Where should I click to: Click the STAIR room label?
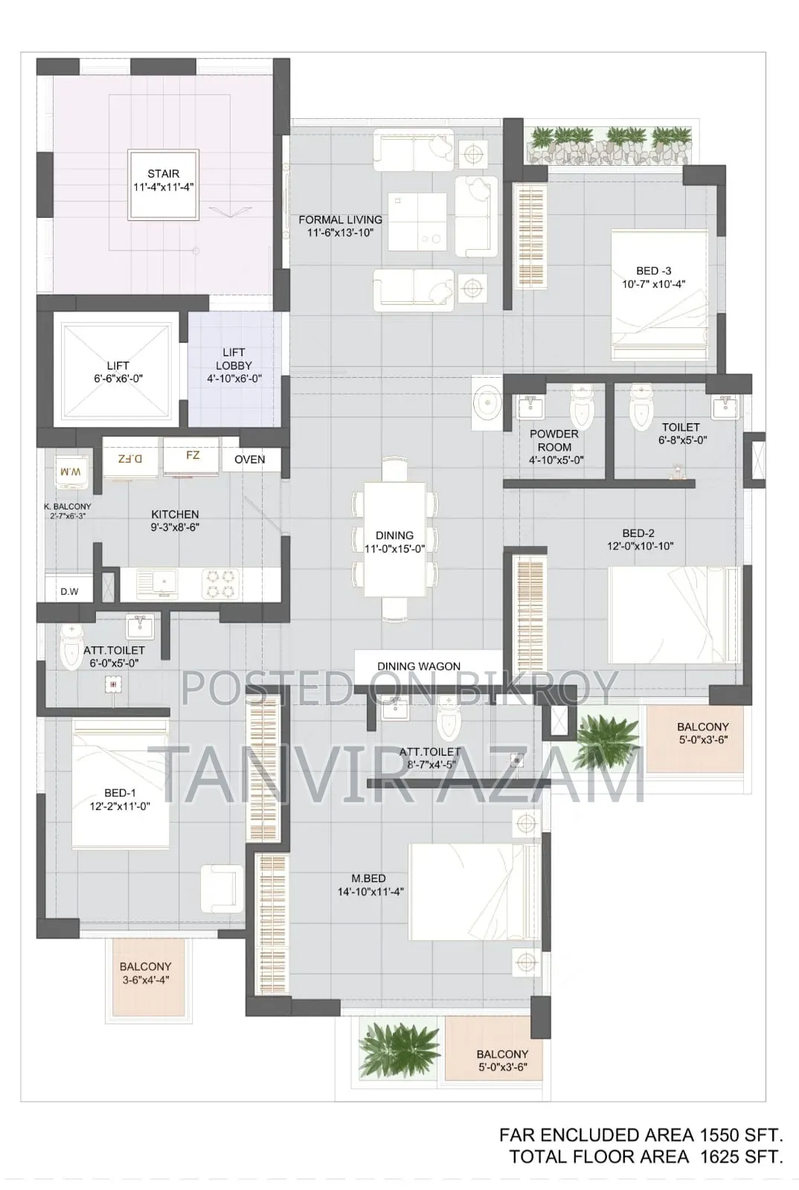click(163, 174)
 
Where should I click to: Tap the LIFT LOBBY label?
click(234, 359)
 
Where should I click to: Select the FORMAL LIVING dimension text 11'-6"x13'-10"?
click(341, 233)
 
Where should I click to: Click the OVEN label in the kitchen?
click(250, 460)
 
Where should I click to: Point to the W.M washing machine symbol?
click(71, 472)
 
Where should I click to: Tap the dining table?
click(395, 538)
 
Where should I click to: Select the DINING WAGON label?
click(419, 666)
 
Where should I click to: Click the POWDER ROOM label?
click(554, 440)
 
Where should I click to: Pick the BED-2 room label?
click(638, 533)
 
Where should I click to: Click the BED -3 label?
click(653, 271)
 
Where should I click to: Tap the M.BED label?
click(368, 878)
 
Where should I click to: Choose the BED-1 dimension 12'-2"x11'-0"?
click(120, 806)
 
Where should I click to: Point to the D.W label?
click(69, 591)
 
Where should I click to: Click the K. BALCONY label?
click(68, 506)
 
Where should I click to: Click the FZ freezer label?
click(193, 455)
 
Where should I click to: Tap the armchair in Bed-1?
click(222, 888)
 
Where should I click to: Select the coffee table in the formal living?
click(417, 222)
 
